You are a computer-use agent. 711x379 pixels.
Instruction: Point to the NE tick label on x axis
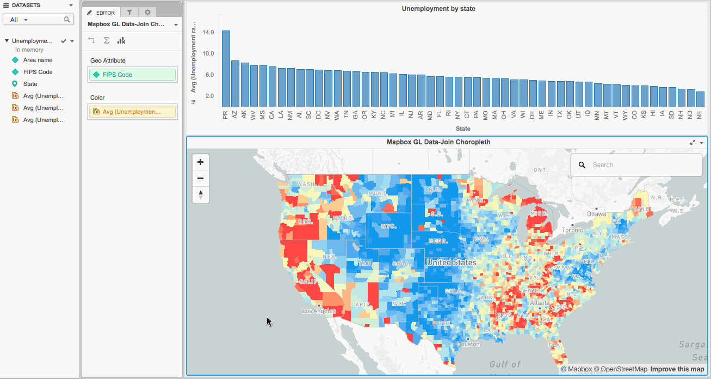pos(700,114)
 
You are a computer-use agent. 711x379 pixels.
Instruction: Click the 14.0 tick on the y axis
pos(208,33)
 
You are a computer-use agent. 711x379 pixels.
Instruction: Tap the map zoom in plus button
pos(200,162)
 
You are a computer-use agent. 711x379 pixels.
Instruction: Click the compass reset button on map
pos(200,194)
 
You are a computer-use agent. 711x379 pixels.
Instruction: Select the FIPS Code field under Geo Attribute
pos(133,75)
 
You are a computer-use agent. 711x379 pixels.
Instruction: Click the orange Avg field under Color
pos(133,112)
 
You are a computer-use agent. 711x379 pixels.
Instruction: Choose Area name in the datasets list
pos(38,60)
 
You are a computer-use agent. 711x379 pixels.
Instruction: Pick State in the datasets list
pos(30,84)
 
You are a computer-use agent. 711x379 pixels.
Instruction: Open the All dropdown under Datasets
pos(20,20)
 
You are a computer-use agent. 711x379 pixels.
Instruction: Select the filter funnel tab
pos(129,13)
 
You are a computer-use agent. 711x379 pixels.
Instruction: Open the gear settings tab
pos(147,13)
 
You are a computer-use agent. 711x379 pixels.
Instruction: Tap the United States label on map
pos(451,262)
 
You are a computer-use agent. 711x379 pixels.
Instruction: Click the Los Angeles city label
pos(319,311)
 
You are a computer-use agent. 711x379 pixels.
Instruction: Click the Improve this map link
pos(677,369)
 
